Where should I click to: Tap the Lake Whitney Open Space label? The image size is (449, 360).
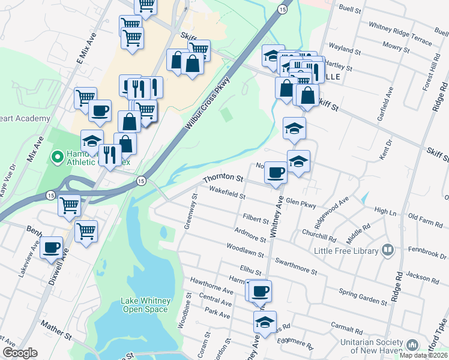(146, 305)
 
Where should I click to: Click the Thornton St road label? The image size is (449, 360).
(223, 179)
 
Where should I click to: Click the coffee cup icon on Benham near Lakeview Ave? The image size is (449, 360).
(52, 247)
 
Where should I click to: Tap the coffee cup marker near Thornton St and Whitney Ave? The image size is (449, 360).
(276, 173)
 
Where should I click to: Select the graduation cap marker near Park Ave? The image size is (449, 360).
(265, 322)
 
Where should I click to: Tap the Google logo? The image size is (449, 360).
(20, 353)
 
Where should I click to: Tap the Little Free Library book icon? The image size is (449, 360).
(387, 250)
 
